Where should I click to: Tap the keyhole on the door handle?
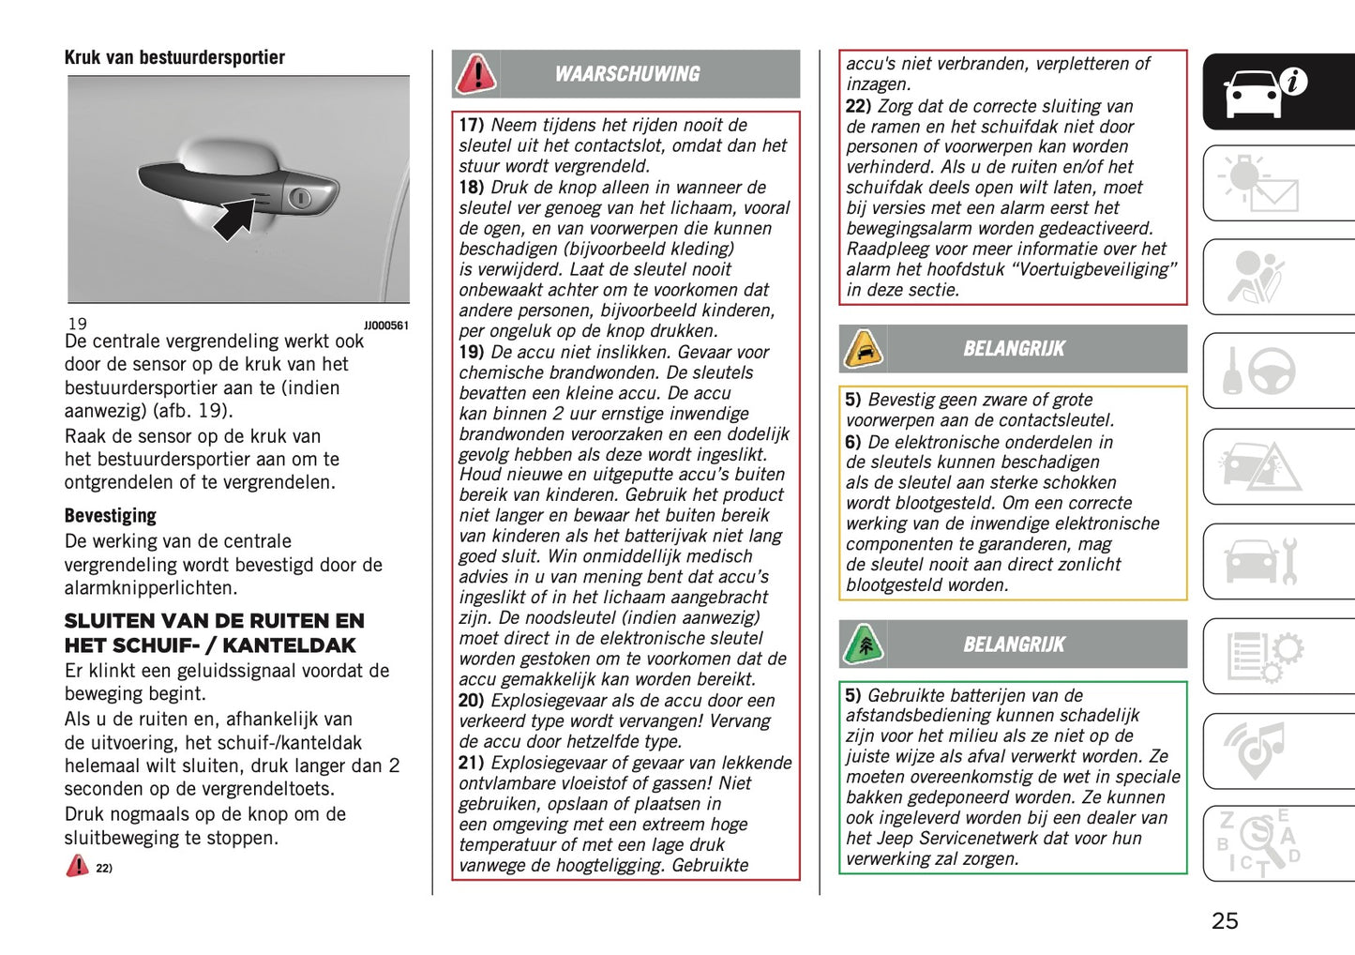pyautogui.click(x=300, y=197)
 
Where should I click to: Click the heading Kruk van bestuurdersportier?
pyautogui.click(x=174, y=57)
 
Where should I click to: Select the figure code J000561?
pyautogui.click(x=385, y=326)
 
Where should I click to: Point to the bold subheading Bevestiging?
pyautogui.click(x=110, y=515)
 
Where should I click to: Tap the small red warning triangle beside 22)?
pyautogui.click(x=77, y=866)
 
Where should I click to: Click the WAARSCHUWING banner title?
pyautogui.click(x=626, y=74)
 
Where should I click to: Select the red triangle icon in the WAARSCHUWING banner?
pyautogui.click(x=476, y=74)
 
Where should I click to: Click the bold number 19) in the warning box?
pyautogui.click(x=471, y=352)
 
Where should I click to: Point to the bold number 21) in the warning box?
pyautogui.click(x=471, y=763)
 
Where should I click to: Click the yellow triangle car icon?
pyautogui.click(x=863, y=349)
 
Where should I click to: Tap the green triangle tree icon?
pyautogui.click(x=863, y=644)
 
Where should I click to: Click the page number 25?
pyautogui.click(x=1225, y=920)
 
